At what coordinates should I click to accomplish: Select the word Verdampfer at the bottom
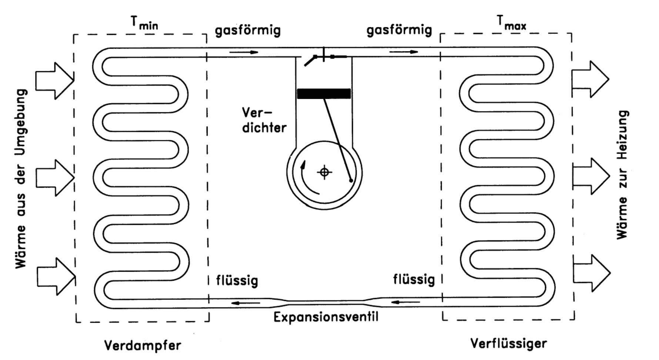pyautogui.click(x=143, y=346)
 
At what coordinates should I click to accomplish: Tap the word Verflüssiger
pyautogui.click(x=508, y=343)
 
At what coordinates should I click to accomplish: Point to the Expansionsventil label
pyautogui.click(x=326, y=317)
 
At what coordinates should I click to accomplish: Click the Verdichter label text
pyautogui.click(x=264, y=120)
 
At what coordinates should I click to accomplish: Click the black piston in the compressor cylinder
pyautogui.click(x=324, y=94)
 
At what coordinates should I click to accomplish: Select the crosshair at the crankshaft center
pyautogui.click(x=325, y=172)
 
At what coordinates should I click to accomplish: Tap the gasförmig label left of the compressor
pyautogui.click(x=248, y=30)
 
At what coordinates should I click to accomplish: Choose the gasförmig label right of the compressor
pyautogui.click(x=399, y=30)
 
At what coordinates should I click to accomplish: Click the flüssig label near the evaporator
pyautogui.click(x=237, y=281)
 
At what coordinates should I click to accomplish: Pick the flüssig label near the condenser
pyautogui.click(x=414, y=280)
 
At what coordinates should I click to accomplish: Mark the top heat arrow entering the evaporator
pyautogui.click(x=54, y=81)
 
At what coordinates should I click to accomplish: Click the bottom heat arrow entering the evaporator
pyautogui.click(x=56, y=277)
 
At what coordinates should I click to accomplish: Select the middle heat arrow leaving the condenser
pyautogui.click(x=590, y=176)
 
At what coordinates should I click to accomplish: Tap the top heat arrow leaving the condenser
pyautogui.click(x=590, y=79)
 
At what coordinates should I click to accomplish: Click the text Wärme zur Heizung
pyautogui.click(x=623, y=174)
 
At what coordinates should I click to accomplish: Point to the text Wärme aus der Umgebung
pyautogui.click(x=21, y=179)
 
